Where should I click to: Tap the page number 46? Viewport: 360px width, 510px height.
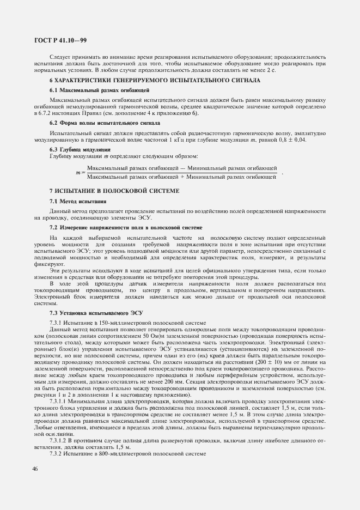point(36,467)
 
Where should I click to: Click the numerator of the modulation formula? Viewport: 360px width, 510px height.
point(182,168)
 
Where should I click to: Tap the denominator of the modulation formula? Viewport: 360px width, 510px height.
point(182,177)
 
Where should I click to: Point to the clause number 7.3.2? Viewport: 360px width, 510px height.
point(57,454)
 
